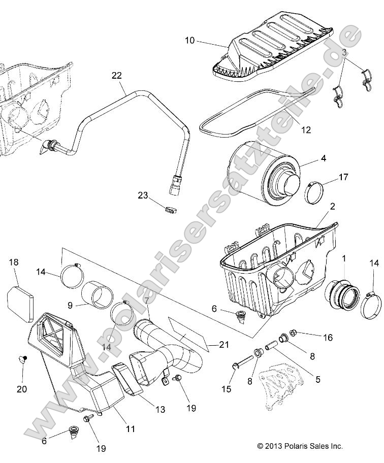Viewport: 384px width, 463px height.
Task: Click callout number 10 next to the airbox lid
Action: (189, 41)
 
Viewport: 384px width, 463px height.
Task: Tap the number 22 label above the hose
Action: (117, 76)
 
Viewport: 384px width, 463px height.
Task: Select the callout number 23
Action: (142, 195)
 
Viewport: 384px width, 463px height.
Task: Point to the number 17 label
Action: (343, 177)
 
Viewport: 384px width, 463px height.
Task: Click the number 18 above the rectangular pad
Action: (14, 262)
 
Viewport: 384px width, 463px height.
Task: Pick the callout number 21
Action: (224, 345)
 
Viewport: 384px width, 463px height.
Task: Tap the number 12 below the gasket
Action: (305, 130)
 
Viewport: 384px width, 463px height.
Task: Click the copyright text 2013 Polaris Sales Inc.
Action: (300, 446)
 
